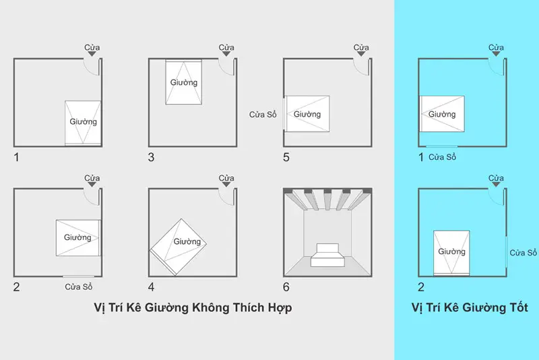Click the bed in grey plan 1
point(83,123)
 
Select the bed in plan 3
point(184,82)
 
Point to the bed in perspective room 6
point(327,255)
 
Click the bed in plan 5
point(307,113)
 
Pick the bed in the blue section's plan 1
point(442,113)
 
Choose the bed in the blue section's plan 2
point(451,252)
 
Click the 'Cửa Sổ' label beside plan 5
point(263,114)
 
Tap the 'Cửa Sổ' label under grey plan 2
point(79,287)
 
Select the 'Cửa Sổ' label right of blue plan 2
point(523,253)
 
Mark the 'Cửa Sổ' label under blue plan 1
point(443,157)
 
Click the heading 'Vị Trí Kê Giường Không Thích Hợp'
point(197,307)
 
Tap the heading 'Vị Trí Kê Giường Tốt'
point(470,307)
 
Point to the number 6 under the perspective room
point(286,287)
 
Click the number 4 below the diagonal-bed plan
point(152,287)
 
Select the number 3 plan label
point(152,157)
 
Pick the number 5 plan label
point(286,157)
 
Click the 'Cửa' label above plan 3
point(226,47)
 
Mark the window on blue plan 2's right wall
point(506,252)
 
